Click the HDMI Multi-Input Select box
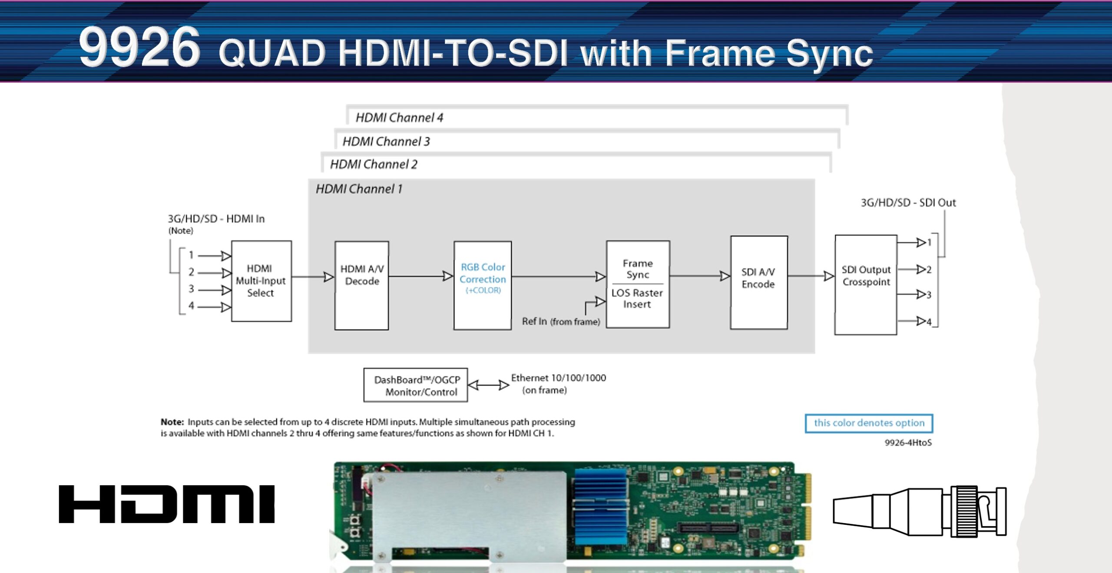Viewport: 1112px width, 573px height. point(261,281)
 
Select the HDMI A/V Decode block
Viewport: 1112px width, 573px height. point(361,285)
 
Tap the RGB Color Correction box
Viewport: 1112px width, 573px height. point(483,285)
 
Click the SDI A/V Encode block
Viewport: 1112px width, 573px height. point(758,282)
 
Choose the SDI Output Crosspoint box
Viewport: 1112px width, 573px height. point(866,284)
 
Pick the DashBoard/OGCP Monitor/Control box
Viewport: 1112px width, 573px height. point(416,385)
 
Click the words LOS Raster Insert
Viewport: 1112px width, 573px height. point(637,299)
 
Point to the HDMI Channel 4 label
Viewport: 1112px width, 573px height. point(399,117)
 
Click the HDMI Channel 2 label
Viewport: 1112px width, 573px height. point(374,164)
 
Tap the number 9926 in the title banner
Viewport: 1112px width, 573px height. point(139,47)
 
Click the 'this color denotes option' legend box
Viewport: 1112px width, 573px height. point(869,423)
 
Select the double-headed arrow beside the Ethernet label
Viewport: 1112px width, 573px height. point(489,385)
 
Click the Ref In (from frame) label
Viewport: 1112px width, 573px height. point(561,321)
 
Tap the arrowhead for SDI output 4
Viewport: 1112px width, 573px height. point(920,321)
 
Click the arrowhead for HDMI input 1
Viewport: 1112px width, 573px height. point(226,256)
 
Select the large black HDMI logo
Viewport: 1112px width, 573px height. point(167,504)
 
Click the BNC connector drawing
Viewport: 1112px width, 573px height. point(920,511)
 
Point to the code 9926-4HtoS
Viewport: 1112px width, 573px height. point(908,442)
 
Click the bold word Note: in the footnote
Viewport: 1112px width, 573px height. point(172,422)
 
